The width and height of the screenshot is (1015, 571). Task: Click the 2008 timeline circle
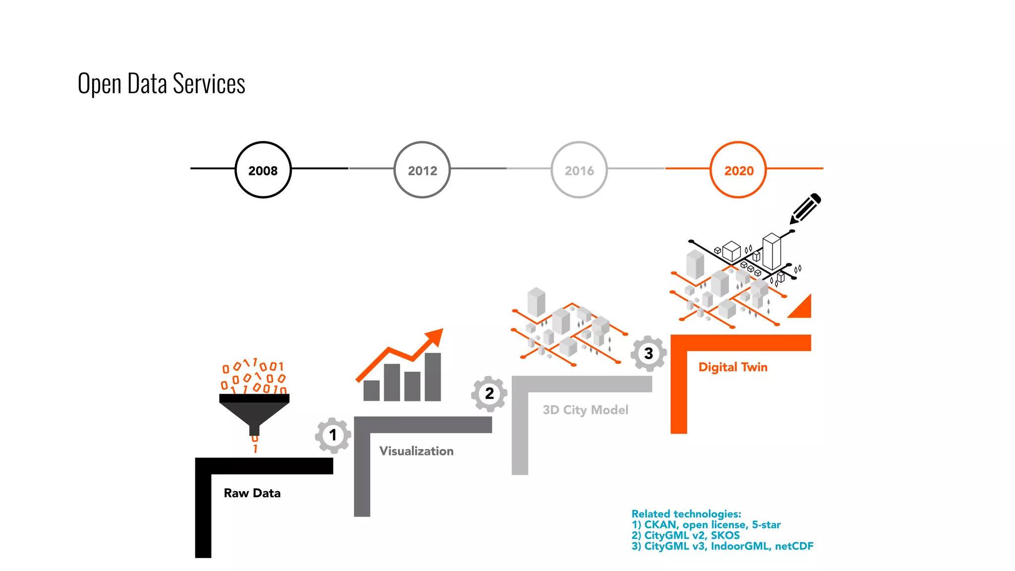tap(263, 170)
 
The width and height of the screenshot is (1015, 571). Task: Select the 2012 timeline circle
tap(422, 170)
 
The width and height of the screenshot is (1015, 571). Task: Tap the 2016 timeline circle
tap(579, 170)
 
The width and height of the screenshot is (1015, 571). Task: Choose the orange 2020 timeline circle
tap(738, 170)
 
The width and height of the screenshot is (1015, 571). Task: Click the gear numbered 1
tap(333, 435)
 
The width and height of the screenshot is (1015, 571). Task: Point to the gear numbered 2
tap(489, 394)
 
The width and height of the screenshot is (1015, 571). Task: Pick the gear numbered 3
tap(648, 353)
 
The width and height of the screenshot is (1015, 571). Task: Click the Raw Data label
tap(252, 493)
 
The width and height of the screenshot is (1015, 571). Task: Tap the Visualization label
tap(416, 451)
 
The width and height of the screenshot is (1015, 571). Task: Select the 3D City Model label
tap(585, 410)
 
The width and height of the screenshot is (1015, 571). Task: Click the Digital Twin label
tap(733, 367)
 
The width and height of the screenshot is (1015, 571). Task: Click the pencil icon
tap(805, 208)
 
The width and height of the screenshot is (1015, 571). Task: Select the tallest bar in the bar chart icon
tap(433, 377)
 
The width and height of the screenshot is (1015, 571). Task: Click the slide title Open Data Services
tap(161, 83)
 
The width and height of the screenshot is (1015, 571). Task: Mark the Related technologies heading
tap(686, 514)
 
